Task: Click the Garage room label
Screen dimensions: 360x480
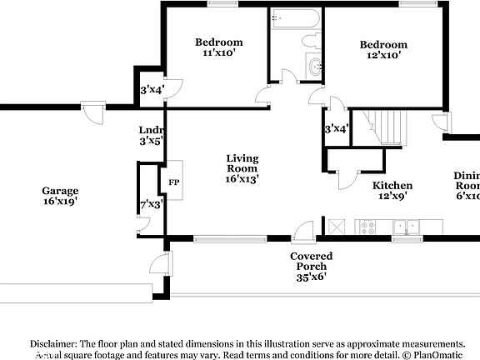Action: [x=61, y=190]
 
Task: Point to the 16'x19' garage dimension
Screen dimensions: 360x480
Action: [x=61, y=201]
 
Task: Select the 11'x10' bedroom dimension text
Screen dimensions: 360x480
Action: [x=218, y=53]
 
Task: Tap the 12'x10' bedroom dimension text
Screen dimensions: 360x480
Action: [x=383, y=55]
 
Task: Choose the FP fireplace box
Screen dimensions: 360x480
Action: [x=174, y=182]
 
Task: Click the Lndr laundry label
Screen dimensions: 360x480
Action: [x=151, y=131]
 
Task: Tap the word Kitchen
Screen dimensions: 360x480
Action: [x=392, y=186]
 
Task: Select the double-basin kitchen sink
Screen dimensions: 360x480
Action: [x=406, y=225]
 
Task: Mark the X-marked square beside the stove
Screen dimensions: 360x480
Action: [x=337, y=226]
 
